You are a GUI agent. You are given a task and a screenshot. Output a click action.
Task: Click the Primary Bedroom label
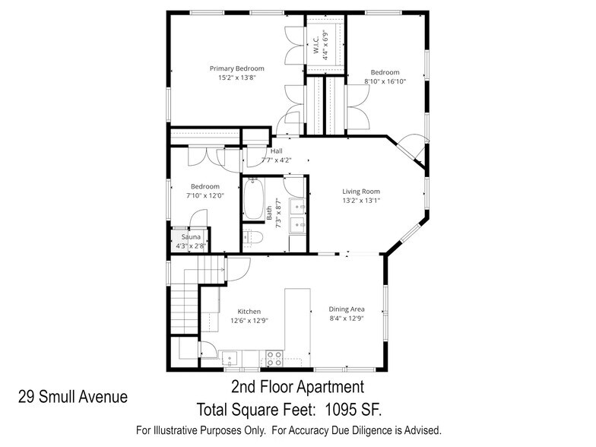pyautogui.click(x=236, y=68)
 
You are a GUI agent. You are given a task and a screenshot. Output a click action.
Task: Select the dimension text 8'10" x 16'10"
pyautogui.click(x=385, y=81)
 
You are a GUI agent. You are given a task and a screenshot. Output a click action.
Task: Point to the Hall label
pyautogui.click(x=276, y=151)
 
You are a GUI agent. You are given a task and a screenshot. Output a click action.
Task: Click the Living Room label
pyautogui.click(x=360, y=192)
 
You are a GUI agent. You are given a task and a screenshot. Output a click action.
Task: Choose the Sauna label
pyautogui.click(x=190, y=237)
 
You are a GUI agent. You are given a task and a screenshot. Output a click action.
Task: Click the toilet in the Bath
pyautogui.click(x=252, y=237)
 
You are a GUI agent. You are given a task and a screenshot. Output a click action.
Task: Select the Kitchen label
pyautogui.click(x=249, y=311)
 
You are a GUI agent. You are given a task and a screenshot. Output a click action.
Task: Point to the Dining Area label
pyautogui.click(x=347, y=309)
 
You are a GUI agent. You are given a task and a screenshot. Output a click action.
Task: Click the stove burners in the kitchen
pyautogui.click(x=274, y=355)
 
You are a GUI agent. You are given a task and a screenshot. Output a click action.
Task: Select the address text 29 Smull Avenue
pyautogui.click(x=73, y=396)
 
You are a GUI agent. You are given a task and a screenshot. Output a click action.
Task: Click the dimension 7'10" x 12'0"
pyautogui.click(x=205, y=195)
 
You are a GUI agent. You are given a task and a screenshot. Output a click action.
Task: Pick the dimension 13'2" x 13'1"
pyautogui.click(x=360, y=201)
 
